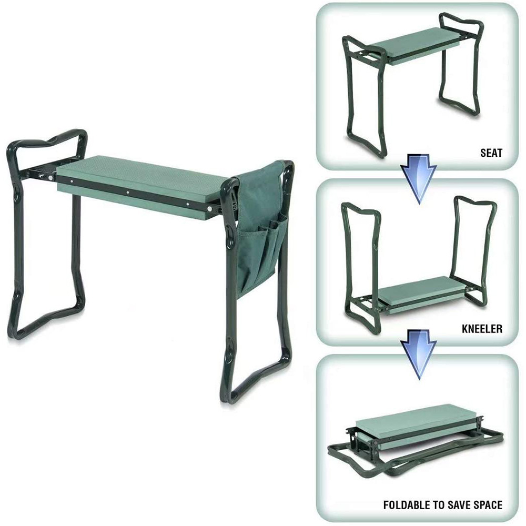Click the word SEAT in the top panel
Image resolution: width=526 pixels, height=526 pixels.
(x=491, y=154)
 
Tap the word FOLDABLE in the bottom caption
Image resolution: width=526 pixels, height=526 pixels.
(x=407, y=505)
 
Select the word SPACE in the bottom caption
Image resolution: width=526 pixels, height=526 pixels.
(x=488, y=505)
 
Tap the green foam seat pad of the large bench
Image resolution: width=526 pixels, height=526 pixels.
(x=142, y=176)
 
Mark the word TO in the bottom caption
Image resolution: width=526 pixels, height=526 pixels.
(x=437, y=505)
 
